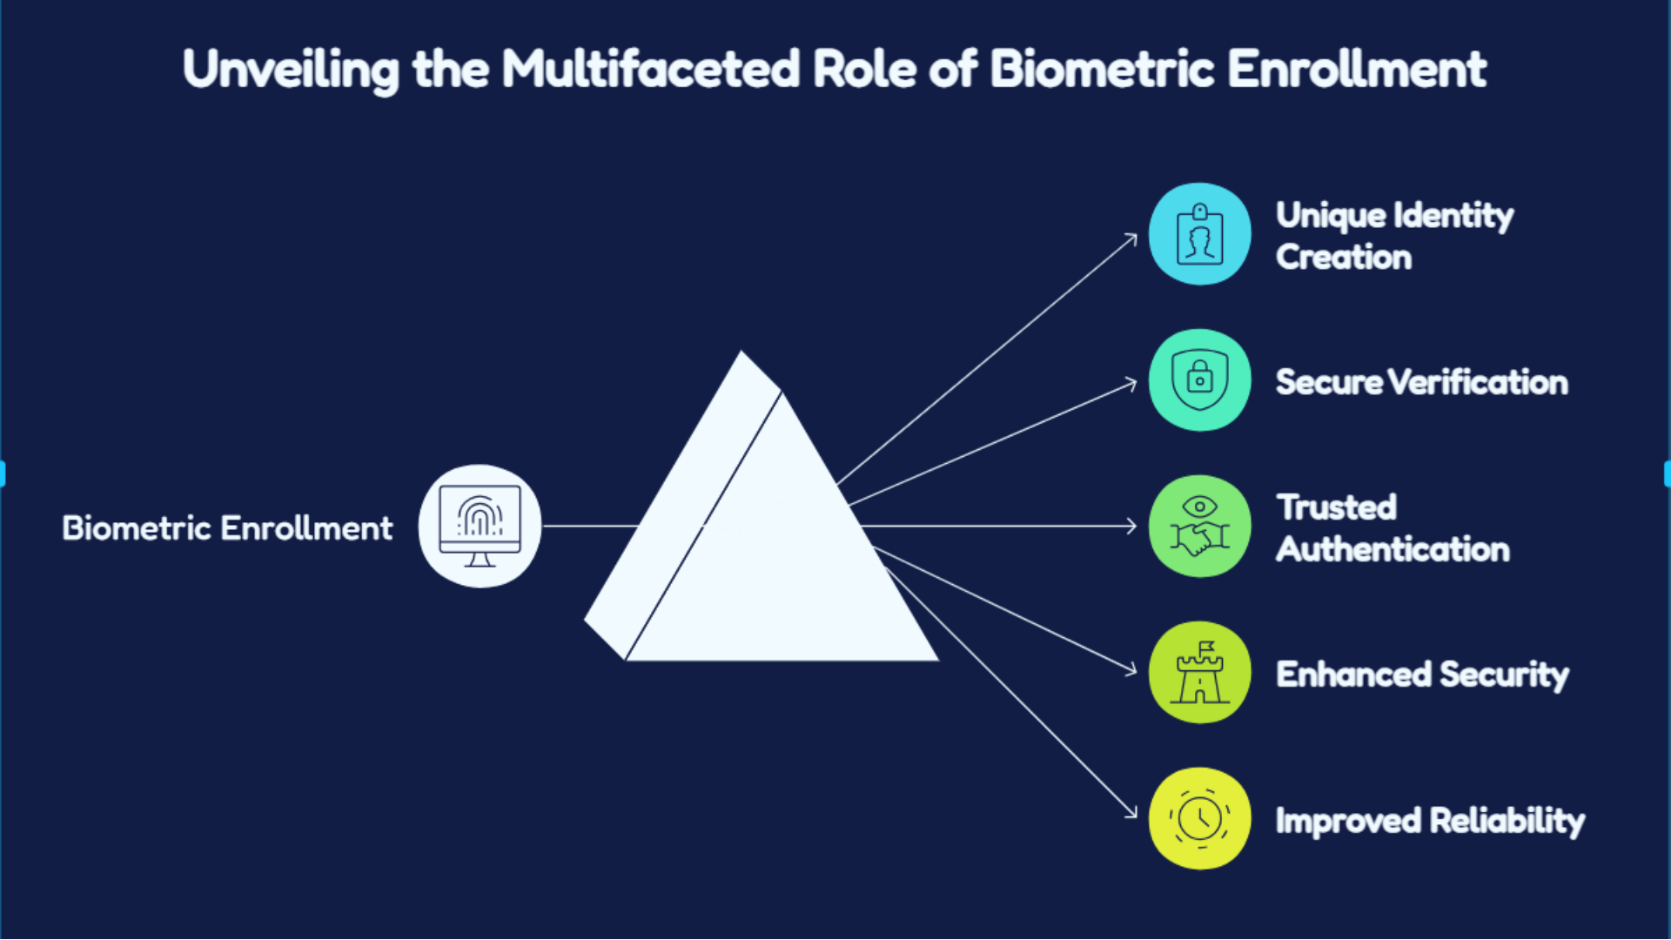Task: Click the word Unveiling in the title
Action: coord(291,70)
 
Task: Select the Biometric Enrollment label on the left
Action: coord(227,527)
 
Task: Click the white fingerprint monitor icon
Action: coord(480,526)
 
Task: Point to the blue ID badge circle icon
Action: coord(1199,233)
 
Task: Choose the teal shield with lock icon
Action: coord(1199,379)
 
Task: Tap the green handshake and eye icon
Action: coord(1199,526)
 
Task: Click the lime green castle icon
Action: coord(1199,672)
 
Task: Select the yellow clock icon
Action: coord(1199,818)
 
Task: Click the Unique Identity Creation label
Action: coord(1394,236)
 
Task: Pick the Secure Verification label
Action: coord(1422,382)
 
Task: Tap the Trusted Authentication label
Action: coord(1392,528)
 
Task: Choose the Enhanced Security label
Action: coord(1422,675)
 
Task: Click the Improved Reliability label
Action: coord(1430,821)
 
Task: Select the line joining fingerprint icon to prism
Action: coord(590,526)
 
